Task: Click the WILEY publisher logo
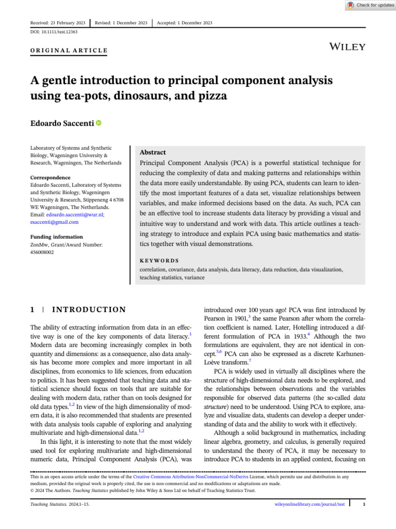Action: tap(348, 47)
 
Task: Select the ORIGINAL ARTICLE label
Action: tap(69, 51)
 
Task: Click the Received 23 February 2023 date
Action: tap(58, 23)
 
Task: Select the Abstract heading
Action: tap(153, 152)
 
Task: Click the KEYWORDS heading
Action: tap(159, 261)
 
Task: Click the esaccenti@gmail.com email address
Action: tap(55, 222)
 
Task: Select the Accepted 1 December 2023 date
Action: tap(185, 23)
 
